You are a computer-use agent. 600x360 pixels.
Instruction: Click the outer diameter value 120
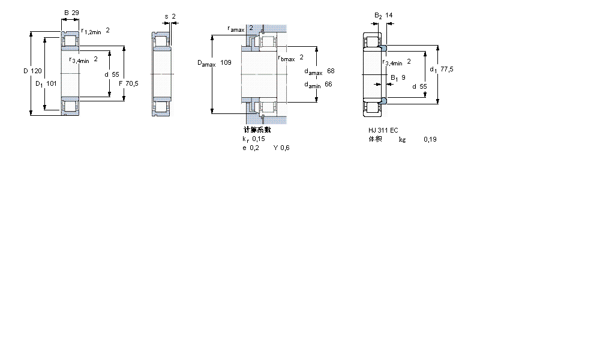pos(37,71)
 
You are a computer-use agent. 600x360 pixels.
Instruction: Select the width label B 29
pos(71,13)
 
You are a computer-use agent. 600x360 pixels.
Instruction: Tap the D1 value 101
pos(52,83)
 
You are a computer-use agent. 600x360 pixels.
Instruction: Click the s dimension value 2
pos(173,16)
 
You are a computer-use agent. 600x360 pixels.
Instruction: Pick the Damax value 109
pos(226,62)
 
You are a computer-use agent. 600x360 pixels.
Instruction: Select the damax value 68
pos(331,71)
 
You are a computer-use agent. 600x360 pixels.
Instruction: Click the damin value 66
pos(328,84)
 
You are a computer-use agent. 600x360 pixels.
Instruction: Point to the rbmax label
pos(286,58)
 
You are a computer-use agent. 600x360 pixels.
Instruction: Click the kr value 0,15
pos(258,139)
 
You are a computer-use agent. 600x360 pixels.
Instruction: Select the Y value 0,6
pos(285,148)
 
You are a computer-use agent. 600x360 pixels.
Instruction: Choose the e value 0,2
pos(254,148)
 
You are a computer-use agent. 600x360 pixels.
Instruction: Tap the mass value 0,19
pos(430,139)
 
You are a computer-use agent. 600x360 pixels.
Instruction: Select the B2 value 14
pos(389,15)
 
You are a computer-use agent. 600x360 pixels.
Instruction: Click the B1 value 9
pos(403,77)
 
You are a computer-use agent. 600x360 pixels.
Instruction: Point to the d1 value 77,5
pos(446,70)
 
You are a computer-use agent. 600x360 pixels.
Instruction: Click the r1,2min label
pos(92,31)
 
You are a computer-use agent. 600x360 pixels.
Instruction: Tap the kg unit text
pos(402,139)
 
